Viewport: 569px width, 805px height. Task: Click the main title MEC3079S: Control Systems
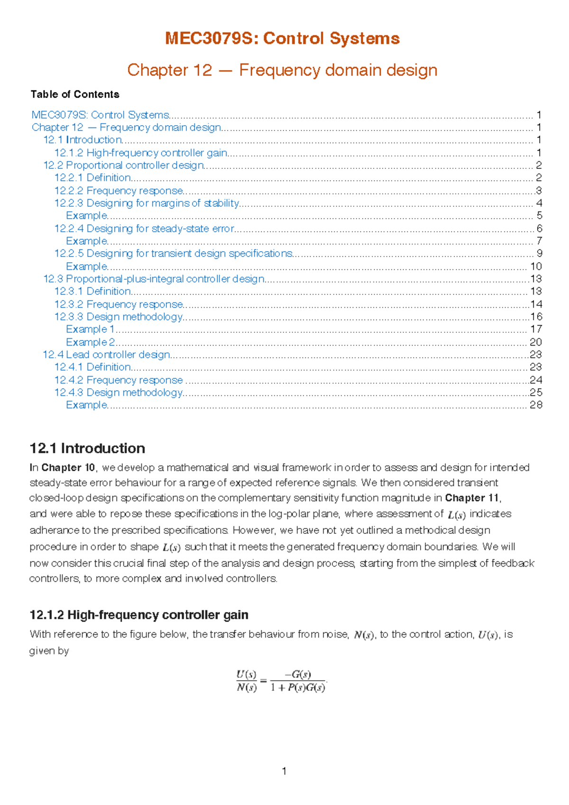282,38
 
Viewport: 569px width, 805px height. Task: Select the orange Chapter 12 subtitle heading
282,70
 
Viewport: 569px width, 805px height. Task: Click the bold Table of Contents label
75,94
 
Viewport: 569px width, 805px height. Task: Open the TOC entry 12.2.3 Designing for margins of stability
147,203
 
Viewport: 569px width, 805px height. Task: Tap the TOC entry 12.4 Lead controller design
107,355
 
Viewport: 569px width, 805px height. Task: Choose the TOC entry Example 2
90,342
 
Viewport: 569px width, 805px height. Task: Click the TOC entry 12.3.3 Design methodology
119,317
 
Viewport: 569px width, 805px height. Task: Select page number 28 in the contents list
536,405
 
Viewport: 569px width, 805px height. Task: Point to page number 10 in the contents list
536,266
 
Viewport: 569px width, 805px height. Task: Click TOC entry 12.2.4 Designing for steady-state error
144,229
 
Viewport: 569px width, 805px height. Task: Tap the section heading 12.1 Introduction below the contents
87,448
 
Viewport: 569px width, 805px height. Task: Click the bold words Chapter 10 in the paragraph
68,468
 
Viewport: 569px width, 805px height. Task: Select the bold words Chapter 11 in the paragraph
472,498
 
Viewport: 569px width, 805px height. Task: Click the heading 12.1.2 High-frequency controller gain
139,615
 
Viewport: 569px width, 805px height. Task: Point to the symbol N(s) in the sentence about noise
364,635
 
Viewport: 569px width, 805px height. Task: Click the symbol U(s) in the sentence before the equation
488,635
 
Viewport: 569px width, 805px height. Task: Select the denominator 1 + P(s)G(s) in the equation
298,687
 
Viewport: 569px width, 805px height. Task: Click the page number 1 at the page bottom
284,771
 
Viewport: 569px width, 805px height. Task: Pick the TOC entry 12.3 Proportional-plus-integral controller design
154,279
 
